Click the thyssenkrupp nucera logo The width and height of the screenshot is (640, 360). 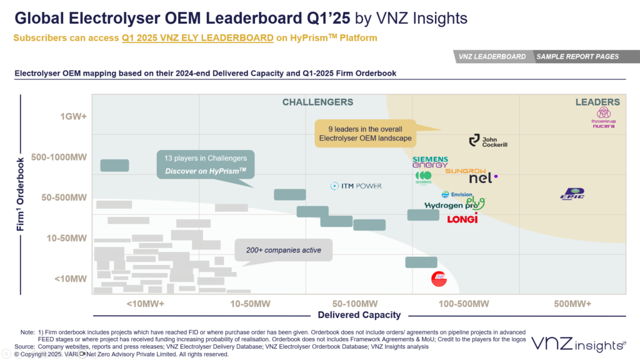tap(603, 117)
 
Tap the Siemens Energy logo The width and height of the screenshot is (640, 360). tap(430, 162)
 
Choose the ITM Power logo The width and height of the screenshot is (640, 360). tap(356, 186)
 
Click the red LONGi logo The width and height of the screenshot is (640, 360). tap(462, 218)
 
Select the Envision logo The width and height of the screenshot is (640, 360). tap(457, 194)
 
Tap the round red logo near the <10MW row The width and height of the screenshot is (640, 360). tap(439, 279)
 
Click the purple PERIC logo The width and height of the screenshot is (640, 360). tap(572, 194)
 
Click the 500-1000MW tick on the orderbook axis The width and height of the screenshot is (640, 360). tap(58, 157)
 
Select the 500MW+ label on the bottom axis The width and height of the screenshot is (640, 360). tap(572, 304)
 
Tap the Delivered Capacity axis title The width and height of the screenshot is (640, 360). tap(359, 315)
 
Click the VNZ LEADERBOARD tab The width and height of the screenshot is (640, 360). tap(492, 57)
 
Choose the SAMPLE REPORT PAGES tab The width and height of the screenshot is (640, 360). tap(577, 57)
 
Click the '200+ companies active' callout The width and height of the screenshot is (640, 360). tap(283, 250)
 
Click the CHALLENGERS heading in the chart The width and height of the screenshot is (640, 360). tap(317, 102)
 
